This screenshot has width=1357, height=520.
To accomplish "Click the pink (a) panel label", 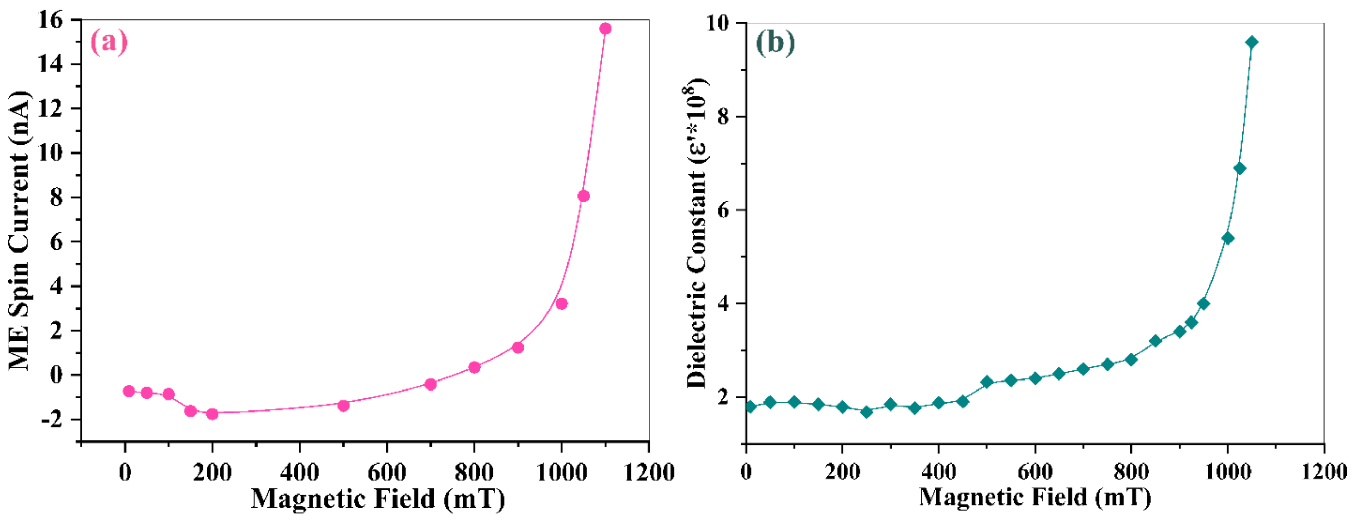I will click(109, 42).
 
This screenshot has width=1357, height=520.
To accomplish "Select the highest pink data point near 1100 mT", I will click(605, 29).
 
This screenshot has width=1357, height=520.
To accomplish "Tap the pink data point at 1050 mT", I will click(583, 196).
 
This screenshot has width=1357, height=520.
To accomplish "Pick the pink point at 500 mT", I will click(343, 405).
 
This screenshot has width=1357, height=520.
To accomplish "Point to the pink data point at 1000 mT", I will click(562, 304).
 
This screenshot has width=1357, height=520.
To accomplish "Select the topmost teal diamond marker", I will click(1252, 42).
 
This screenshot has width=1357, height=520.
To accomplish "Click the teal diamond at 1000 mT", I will click(1227, 238).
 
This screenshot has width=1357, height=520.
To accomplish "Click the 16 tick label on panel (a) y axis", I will click(51, 20).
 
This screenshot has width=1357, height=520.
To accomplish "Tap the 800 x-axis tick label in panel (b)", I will click(1131, 471).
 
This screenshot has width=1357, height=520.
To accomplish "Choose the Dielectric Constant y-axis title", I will click(696, 231).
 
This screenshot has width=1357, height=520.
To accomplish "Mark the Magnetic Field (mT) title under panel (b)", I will click(1035, 497).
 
